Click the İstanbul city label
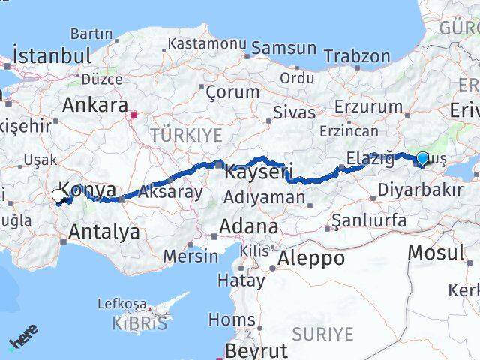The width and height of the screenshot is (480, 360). click(x=52, y=56)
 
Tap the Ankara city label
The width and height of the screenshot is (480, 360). click(x=94, y=105)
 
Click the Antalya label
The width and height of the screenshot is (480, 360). click(x=103, y=232)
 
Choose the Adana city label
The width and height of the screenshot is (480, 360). click(x=249, y=226)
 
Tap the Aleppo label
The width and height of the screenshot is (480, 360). click(x=311, y=258)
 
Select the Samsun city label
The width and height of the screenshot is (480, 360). click(x=284, y=48)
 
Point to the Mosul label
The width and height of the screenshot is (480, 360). click(x=435, y=252)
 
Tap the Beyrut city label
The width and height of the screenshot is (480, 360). click(x=256, y=350)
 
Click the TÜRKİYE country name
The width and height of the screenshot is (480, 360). click(x=186, y=135)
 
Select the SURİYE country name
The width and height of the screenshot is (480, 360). click(x=322, y=332)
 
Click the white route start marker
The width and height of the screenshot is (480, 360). click(x=58, y=196)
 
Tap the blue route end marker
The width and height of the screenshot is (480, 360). click(x=422, y=158)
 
